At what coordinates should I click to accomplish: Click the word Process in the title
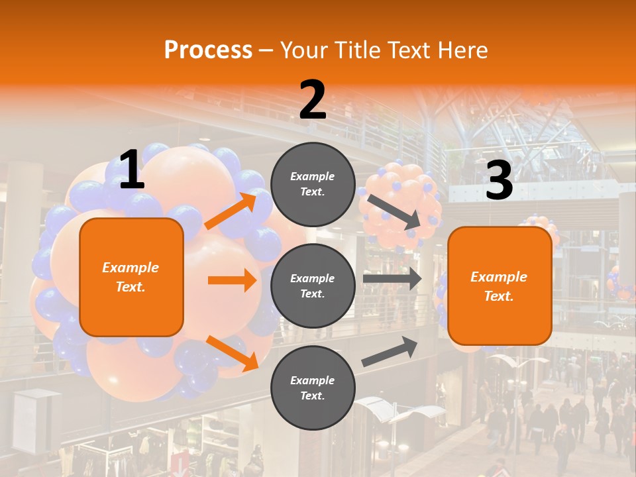208,50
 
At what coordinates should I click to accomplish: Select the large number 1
132,170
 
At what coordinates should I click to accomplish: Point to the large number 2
313,100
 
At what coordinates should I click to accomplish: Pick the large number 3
499,181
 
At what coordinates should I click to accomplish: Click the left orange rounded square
131,277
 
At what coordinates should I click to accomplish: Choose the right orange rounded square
500,286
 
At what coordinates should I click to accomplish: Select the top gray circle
313,184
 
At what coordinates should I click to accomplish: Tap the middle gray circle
313,286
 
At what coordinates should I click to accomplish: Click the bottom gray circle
313,388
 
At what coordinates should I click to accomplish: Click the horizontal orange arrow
232,280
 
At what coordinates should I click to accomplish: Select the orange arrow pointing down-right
233,352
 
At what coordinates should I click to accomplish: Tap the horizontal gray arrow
392,279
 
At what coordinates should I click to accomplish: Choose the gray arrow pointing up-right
390,352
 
